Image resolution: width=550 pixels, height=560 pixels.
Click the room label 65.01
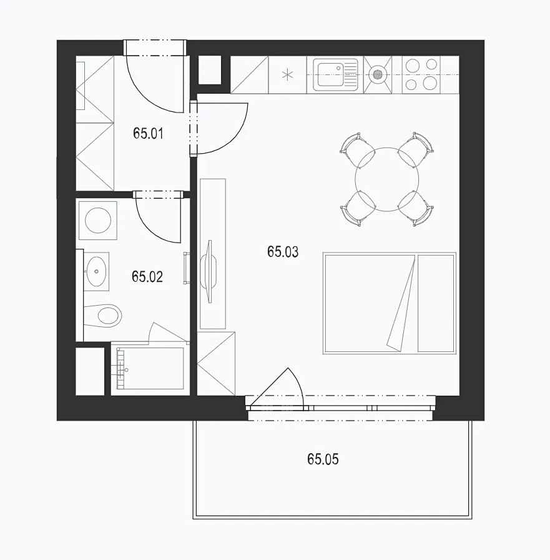pyautogui.click(x=148, y=134)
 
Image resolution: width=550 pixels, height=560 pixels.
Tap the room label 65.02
pyautogui.click(x=147, y=277)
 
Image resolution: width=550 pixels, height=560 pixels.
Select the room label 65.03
pyautogui.click(x=283, y=252)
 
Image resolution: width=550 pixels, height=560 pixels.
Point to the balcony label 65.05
pyautogui.click(x=323, y=459)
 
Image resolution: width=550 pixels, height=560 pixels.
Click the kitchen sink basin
pyautogui.click(x=331, y=74)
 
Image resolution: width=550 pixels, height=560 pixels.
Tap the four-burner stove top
pyautogui.click(x=421, y=74)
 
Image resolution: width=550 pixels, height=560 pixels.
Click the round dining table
pyautogui.click(x=387, y=179)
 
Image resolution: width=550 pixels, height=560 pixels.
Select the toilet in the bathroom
pyautogui.click(x=104, y=316)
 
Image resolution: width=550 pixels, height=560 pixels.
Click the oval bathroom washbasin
pyautogui.click(x=97, y=271)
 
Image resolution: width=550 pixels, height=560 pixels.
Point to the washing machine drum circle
pyautogui.click(x=98, y=221)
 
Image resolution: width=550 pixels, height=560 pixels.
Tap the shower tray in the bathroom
pyautogui.click(x=150, y=369)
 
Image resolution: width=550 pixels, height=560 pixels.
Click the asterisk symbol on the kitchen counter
pyautogui.click(x=287, y=75)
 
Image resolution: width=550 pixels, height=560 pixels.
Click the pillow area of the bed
pyautogui.click(x=436, y=303)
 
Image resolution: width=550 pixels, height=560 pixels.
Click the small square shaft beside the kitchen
pyautogui.click(x=210, y=70)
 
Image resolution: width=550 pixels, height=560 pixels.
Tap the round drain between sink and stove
pyautogui.click(x=378, y=74)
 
